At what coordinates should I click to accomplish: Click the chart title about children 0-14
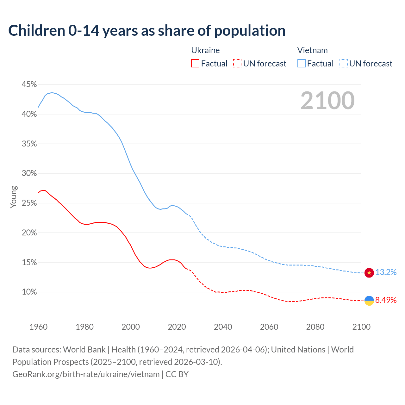click(x=147, y=31)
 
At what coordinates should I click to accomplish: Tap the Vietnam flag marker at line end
click(x=369, y=272)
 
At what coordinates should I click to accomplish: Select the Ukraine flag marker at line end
click(x=369, y=301)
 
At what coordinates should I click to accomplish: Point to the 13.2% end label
click(x=386, y=272)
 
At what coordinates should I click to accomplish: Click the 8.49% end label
click(x=386, y=300)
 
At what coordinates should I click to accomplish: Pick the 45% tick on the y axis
click(x=29, y=84)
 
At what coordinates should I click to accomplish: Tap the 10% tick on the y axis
click(x=29, y=292)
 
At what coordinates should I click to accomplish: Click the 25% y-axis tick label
click(x=29, y=203)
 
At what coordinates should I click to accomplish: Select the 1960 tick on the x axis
click(x=38, y=327)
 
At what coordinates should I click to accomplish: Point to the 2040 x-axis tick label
click(x=223, y=327)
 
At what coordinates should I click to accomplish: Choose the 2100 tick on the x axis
click(x=361, y=327)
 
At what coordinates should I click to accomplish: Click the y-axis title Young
click(x=14, y=197)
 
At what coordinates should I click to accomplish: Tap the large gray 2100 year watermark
click(x=327, y=101)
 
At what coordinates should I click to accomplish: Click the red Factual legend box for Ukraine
click(x=195, y=64)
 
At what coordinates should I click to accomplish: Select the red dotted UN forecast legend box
click(x=237, y=64)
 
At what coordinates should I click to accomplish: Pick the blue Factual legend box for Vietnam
click(x=301, y=64)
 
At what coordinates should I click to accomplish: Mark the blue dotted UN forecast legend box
click(x=343, y=64)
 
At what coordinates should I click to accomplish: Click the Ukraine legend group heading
click(x=205, y=50)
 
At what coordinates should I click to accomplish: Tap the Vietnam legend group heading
click(x=312, y=50)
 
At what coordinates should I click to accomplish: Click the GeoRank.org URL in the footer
click(x=86, y=374)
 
